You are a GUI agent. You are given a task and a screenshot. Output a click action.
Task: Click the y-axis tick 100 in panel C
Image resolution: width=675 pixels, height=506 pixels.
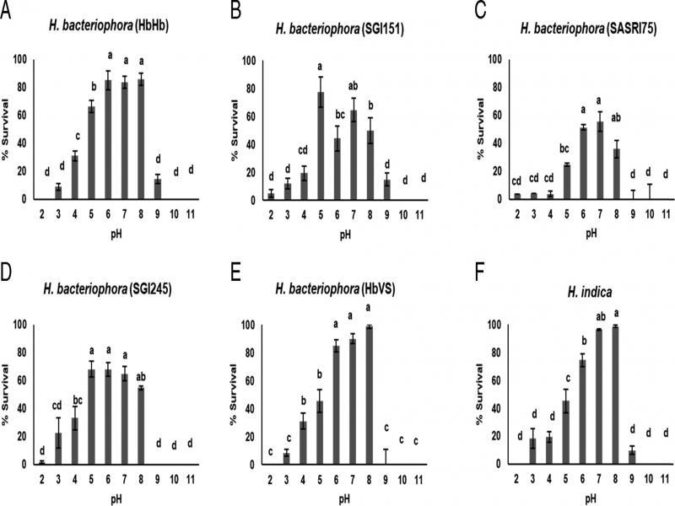coord(494,60)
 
